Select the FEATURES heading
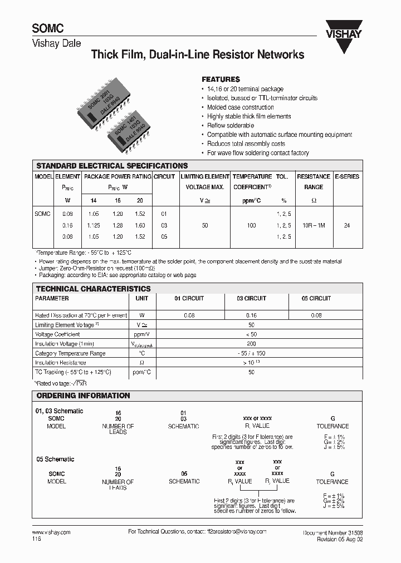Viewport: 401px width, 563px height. coord(221,80)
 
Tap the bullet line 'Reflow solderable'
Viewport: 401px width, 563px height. coord(230,126)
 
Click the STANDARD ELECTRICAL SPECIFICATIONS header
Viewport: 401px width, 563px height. coord(112,166)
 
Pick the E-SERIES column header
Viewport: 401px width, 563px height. coord(347,176)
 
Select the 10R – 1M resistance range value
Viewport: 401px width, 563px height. coord(313,225)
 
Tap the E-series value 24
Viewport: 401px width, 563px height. coord(347,225)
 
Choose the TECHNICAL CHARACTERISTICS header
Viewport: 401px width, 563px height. coord(93,289)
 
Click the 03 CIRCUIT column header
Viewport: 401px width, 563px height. coord(251,299)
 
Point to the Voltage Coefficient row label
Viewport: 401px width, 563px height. coord(57,334)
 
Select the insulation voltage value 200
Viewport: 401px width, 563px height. coord(251,344)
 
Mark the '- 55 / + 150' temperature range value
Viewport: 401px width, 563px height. coord(251,353)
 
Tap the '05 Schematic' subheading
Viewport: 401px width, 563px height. coord(55,460)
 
